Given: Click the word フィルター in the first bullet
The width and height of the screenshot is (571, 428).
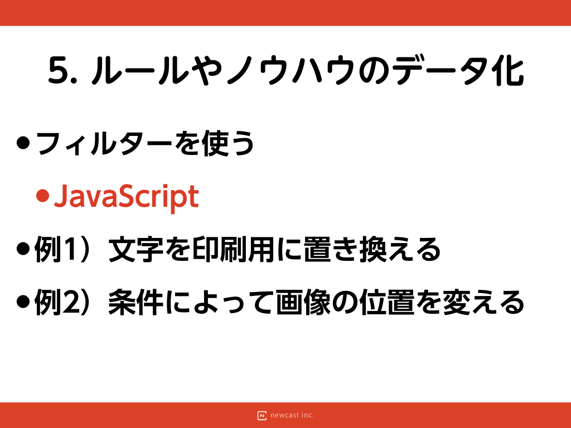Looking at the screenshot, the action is [104, 143].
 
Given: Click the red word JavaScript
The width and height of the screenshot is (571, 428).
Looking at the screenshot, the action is [127, 197].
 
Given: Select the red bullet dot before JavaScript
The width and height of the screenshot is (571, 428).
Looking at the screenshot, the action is [42, 196].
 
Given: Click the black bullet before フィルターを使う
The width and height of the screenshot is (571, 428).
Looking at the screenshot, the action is [23, 143].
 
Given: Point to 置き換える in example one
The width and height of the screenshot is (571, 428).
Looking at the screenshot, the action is [372, 250].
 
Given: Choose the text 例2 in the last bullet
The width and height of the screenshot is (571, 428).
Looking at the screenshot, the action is [56, 302].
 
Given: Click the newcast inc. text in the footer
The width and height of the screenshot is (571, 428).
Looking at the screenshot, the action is [292, 415].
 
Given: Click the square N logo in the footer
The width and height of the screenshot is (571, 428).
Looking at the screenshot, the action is [262, 415].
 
